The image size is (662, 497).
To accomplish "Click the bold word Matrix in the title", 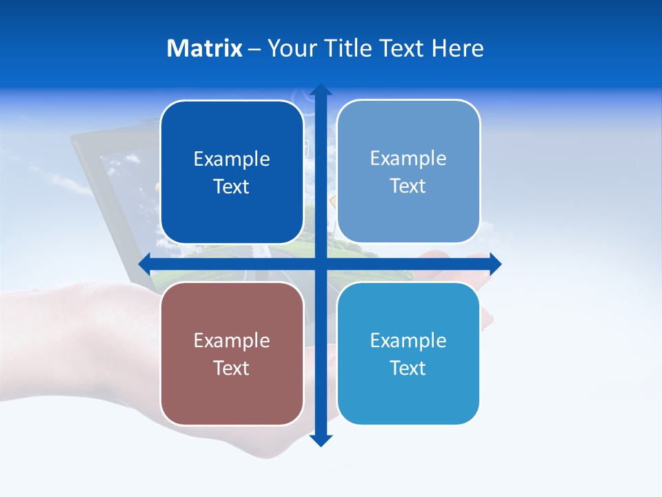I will point(204,48).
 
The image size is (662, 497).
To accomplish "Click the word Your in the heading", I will point(291,48).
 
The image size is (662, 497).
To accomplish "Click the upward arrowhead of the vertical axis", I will point(321,90).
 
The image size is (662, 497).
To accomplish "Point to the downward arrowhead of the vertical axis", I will point(321,440).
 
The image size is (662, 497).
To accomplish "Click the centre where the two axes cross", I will point(321,264).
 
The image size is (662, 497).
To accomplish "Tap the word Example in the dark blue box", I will point(232,159).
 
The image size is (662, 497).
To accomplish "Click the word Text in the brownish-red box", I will point(232,368).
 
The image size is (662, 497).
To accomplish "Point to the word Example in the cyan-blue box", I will point(408,340).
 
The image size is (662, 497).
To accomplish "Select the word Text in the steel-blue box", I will point(408,186).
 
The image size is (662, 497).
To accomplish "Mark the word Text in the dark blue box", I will point(232,186).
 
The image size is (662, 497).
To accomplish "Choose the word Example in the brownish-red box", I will point(232,340).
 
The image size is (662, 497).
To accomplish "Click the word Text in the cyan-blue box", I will point(408,368).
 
